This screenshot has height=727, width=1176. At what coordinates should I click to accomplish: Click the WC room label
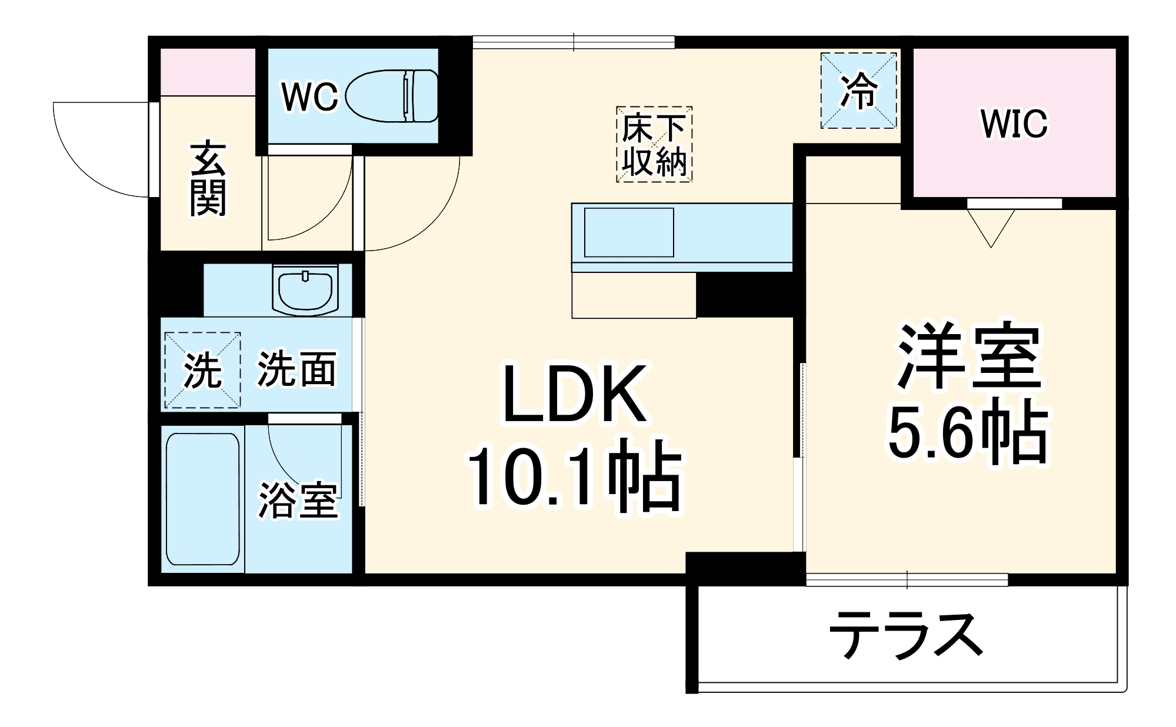pos(310,97)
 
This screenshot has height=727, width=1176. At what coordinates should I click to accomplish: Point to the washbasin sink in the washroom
pos(305,290)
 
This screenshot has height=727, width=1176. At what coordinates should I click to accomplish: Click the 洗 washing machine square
pos(202,370)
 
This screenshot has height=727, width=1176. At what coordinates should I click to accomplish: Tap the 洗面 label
pos(297,369)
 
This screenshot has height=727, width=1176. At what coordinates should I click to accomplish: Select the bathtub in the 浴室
pos(203,499)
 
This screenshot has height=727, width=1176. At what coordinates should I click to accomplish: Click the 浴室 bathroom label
pos(298,501)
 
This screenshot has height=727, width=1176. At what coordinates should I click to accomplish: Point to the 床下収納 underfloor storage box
pos(654,145)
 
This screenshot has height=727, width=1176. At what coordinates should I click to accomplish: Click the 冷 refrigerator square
pos(859,91)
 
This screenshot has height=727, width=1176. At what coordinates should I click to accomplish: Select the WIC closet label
pos(1014,124)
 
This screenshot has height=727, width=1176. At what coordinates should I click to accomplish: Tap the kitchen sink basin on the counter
pos(629,232)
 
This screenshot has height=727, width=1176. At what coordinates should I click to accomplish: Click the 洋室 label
pos(968,356)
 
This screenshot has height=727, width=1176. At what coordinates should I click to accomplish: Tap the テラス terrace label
pos(907,635)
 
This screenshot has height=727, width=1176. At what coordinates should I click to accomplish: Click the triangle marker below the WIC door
pos(991,227)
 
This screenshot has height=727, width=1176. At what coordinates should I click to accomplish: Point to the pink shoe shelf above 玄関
pos(208,72)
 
